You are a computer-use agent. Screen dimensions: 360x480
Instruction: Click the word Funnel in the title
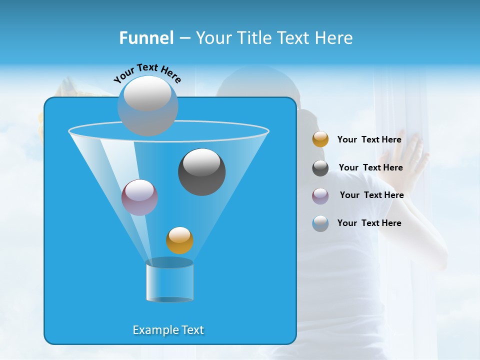[x=146, y=38]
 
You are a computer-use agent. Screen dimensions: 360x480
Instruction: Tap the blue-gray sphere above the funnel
[x=148, y=106]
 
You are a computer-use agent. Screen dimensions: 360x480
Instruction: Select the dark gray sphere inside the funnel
[x=201, y=172]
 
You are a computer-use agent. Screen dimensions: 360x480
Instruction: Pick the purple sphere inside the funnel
[x=139, y=197]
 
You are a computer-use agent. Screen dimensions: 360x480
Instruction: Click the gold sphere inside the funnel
[x=179, y=240]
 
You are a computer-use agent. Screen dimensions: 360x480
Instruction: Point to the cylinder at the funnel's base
[x=169, y=281]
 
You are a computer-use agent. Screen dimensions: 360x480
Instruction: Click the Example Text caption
[x=168, y=330]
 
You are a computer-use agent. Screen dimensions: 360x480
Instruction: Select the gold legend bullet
[x=320, y=139]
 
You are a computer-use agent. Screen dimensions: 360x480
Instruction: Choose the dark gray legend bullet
[x=320, y=168]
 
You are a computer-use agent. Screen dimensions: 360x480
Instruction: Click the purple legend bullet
[x=320, y=195]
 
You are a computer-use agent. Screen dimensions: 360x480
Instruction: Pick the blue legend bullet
[x=320, y=223]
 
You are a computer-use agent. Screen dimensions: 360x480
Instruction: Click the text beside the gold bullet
[x=369, y=139]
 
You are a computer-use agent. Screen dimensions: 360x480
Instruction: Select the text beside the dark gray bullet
[x=370, y=167]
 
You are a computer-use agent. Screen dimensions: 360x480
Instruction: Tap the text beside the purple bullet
[x=371, y=195]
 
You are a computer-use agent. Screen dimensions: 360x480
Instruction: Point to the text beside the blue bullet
[x=369, y=223]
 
